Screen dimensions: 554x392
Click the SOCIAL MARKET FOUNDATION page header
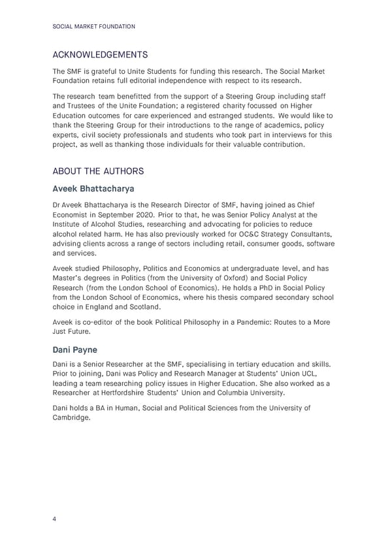click(93, 26)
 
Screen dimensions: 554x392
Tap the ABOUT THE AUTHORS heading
click(97, 171)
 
